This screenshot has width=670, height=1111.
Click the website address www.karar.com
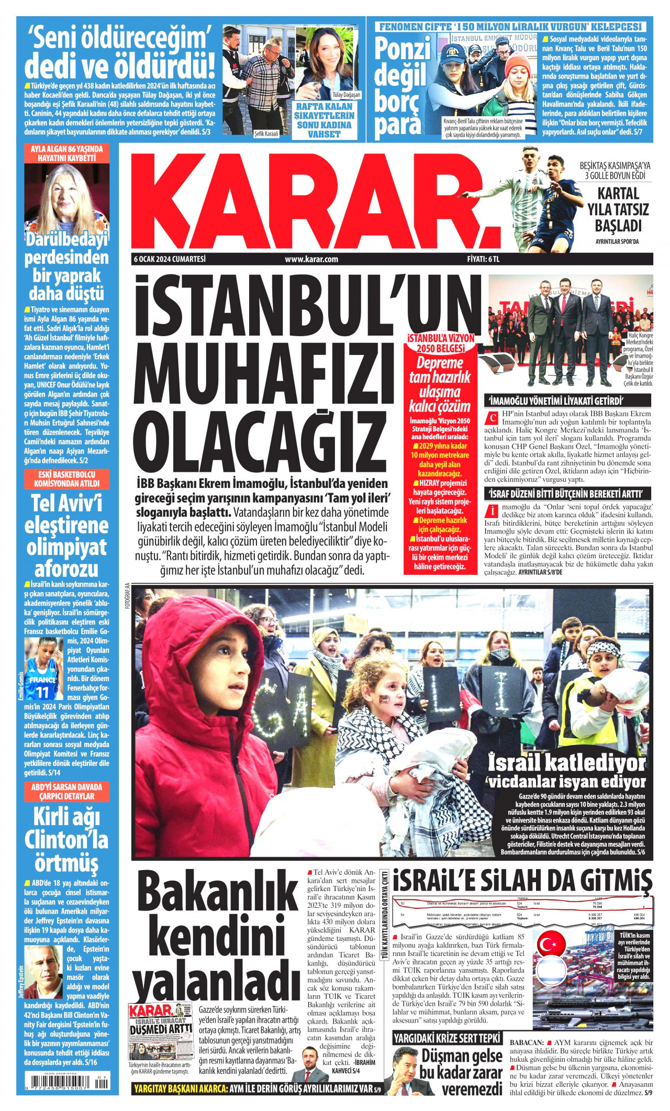(311, 259)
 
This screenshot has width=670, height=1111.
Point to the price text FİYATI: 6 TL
(484, 259)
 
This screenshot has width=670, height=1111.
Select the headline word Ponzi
(403, 50)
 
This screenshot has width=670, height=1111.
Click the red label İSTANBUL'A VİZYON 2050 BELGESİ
(441, 343)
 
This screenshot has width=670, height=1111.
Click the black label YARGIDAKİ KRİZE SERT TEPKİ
(447, 1037)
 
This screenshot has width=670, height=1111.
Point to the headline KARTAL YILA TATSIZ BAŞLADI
(618, 209)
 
